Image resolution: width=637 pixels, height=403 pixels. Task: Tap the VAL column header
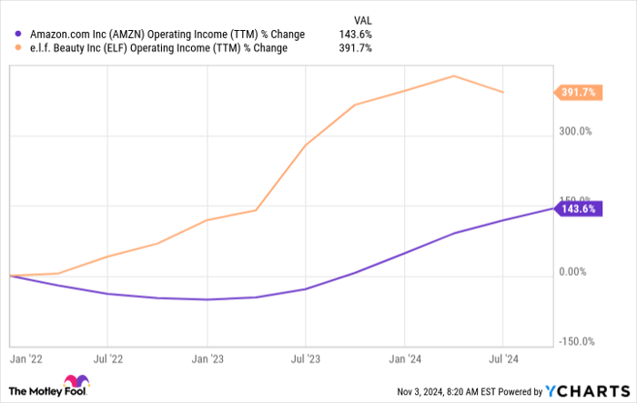[362, 19]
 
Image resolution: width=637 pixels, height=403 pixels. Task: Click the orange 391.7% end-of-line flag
[578, 92]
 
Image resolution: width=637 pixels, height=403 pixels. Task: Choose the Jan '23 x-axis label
[207, 361]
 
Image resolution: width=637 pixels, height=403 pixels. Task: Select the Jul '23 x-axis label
[306, 361]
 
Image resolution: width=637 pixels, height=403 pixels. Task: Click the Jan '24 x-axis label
[405, 361]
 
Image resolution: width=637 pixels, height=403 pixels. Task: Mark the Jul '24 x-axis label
[503, 361]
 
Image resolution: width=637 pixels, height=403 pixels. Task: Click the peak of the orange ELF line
[454, 76]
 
